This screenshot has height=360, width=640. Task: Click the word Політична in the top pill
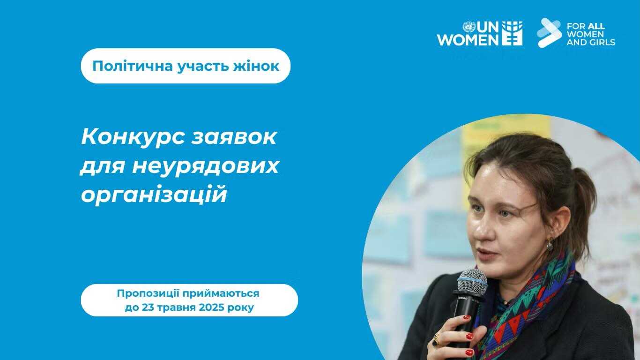(x=133, y=66)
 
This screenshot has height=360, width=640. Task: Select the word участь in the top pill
(x=203, y=67)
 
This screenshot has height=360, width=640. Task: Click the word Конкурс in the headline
(x=133, y=138)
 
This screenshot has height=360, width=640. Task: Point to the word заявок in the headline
(x=234, y=137)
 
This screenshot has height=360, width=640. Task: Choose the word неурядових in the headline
(x=205, y=167)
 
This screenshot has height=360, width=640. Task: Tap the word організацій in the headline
(x=154, y=194)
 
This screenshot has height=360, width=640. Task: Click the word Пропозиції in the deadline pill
(x=148, y=293)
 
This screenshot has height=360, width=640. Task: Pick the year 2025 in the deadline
(x=211, y=307)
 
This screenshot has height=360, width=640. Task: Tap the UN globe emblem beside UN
(x=469, y=27)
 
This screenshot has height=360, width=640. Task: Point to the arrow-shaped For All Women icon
(x=549, y=33)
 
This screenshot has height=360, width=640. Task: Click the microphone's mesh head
(x=472, y=282)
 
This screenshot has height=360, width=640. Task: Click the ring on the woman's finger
(x=436, y=340)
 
